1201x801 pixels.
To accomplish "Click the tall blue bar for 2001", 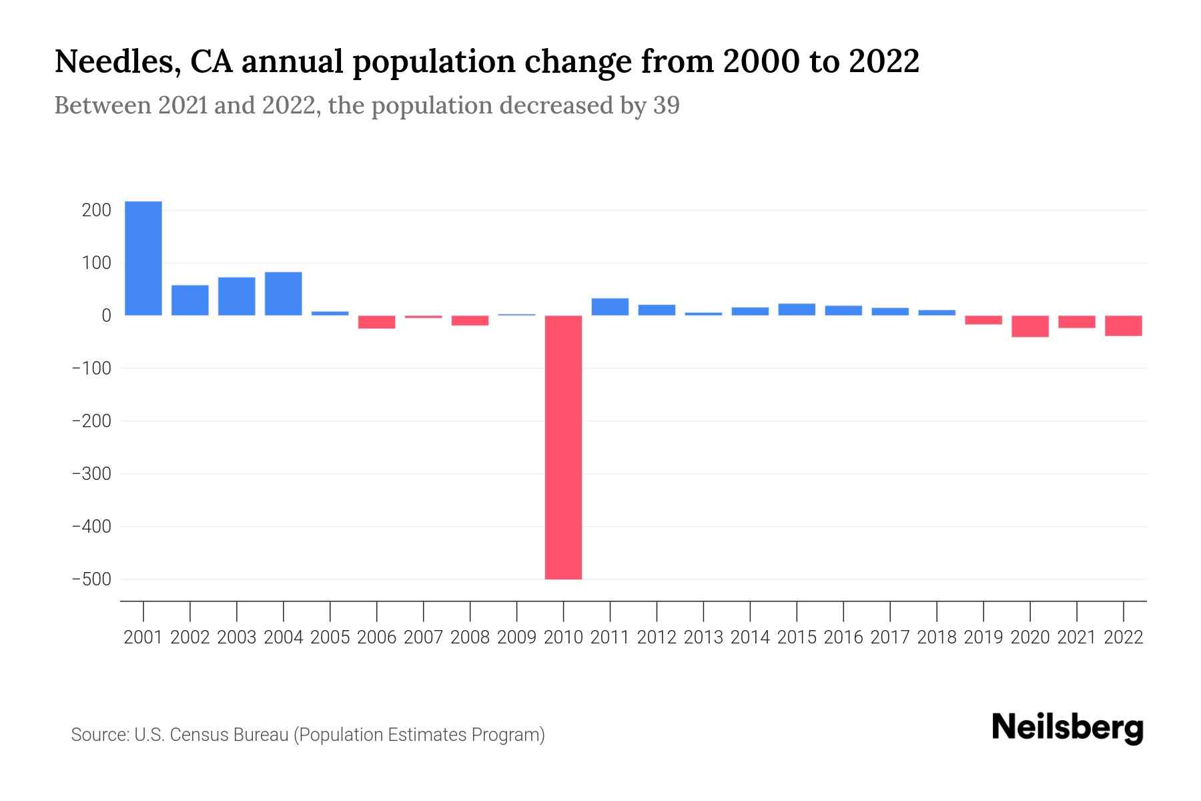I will [143, 258].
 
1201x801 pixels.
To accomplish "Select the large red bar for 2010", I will [563, 447].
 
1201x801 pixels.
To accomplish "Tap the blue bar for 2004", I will [283, 294].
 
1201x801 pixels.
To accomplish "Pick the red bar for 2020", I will [1030, 326].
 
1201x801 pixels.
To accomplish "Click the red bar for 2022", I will [1124, 326].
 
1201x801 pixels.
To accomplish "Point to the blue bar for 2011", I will [610, 307].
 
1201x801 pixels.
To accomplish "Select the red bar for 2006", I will [376, 322].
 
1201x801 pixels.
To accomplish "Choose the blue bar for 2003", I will [236, 296].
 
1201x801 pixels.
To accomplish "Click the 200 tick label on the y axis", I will [96, 211].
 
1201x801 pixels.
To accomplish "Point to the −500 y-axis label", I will [91, 579].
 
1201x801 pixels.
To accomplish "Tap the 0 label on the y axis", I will [105, 316].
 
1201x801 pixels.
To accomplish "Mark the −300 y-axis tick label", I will [91, 474].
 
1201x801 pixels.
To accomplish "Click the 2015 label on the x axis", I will [797, 637].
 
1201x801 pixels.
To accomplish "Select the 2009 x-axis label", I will [516, 637].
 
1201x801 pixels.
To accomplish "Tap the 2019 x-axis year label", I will [983, 637].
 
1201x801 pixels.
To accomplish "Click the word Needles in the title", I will [115, 62].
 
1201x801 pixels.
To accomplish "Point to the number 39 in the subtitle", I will [666, 105].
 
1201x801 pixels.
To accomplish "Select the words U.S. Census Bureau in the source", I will [212, 735].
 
